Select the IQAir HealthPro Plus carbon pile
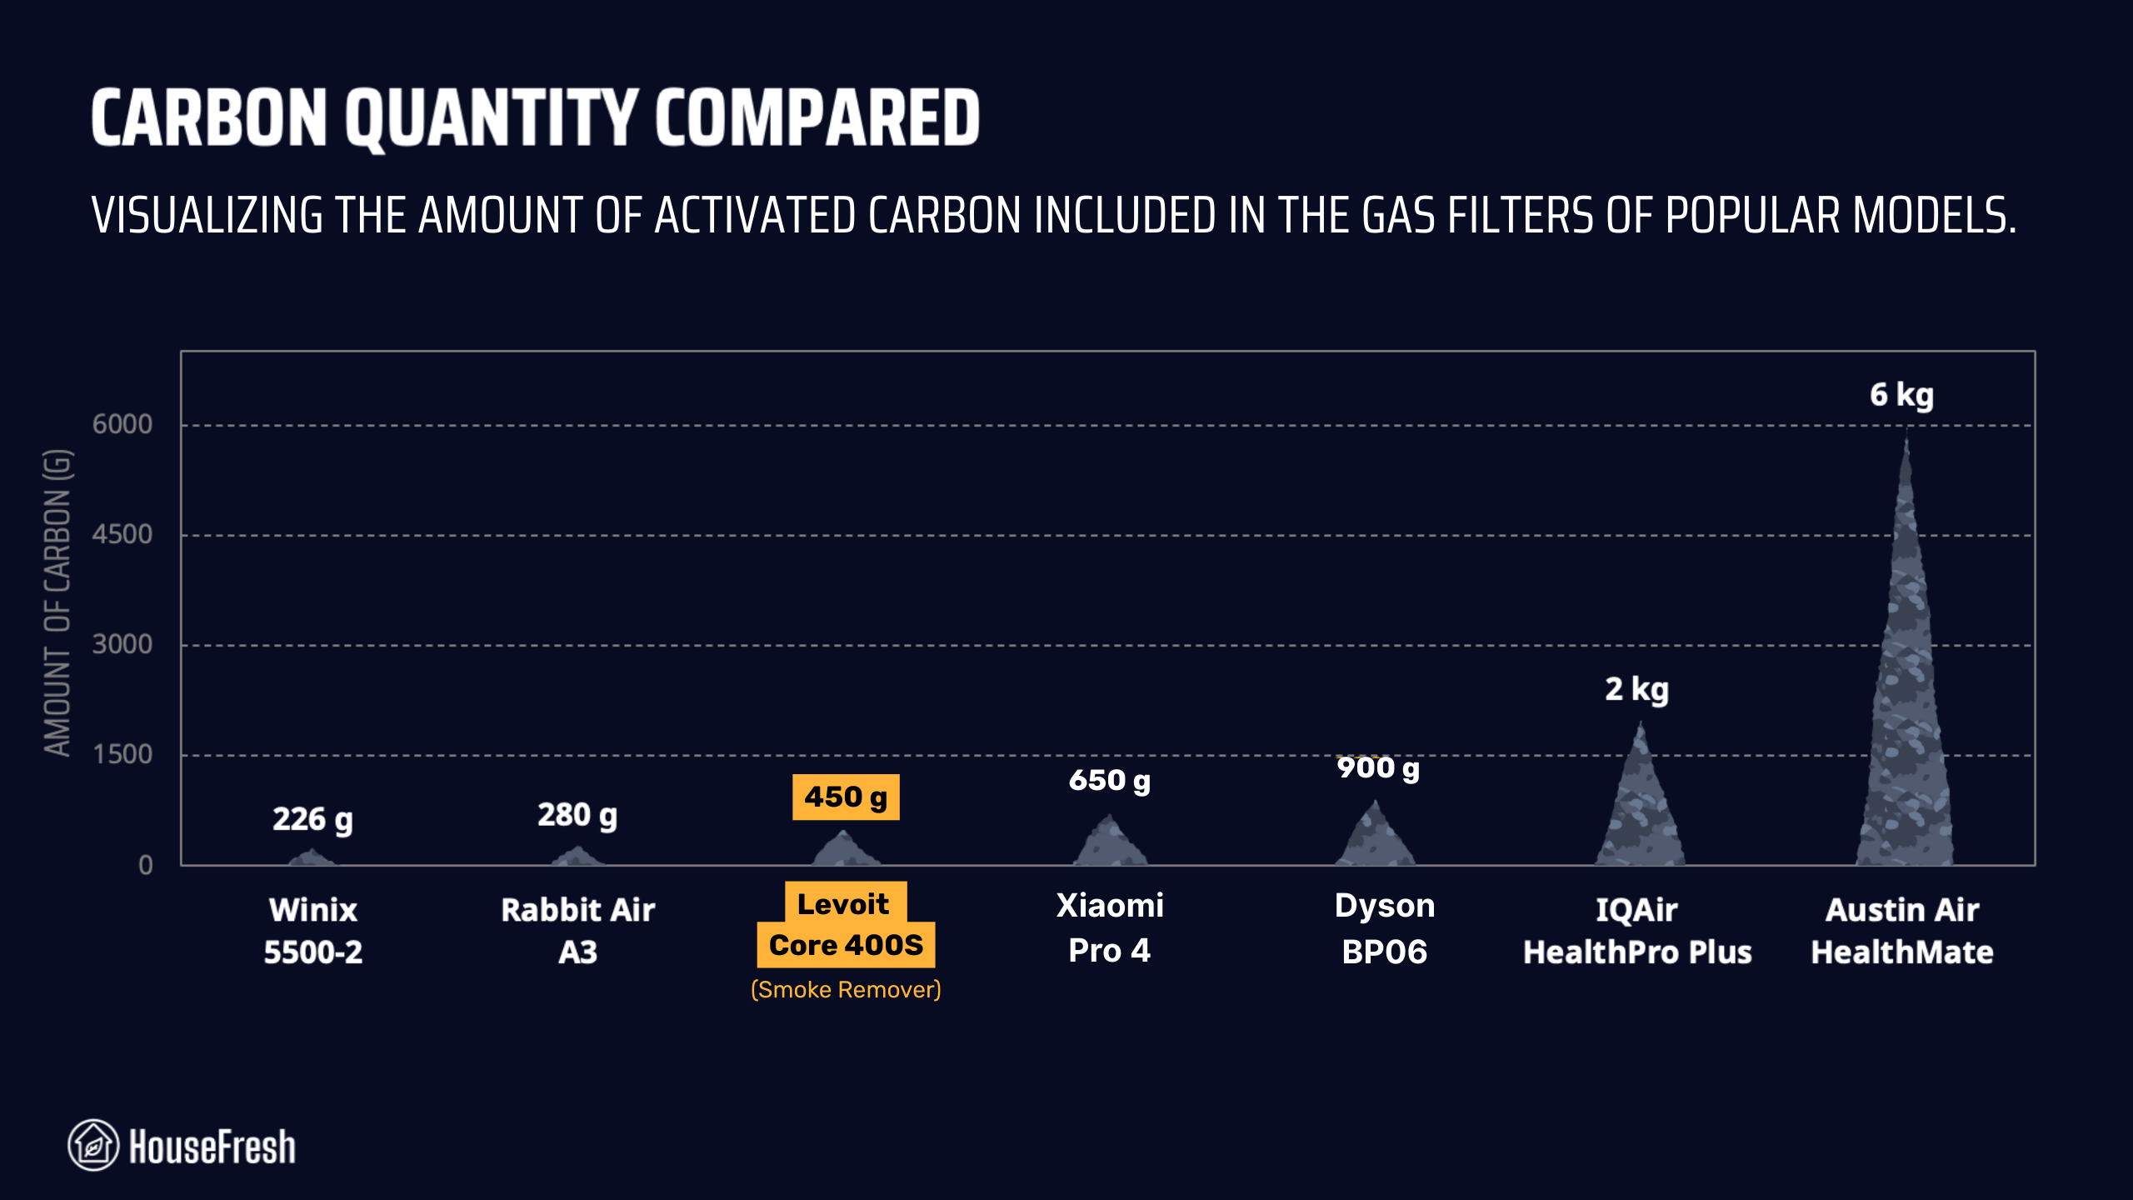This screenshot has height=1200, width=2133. (x=1640, y=808)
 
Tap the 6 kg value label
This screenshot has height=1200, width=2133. (x=1901, y=395)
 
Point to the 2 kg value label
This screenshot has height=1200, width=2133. (x=1636, y=690)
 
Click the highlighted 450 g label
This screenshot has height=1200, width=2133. (x=845, y=797)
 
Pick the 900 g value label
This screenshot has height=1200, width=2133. (x=1377, y=768)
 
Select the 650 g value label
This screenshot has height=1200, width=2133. (x=1109, y=781)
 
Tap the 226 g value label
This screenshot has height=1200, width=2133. (x=312, y=819)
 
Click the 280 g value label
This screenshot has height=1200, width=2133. (x=577, y=815)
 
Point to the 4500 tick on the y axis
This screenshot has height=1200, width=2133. (x=122, y=534)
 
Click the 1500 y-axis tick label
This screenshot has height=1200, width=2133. (x=122, y=754)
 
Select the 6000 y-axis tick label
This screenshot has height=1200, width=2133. (x=122, y=424)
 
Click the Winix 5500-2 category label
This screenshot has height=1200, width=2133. (x=313, y=930)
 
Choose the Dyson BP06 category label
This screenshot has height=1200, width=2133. (x=1384, y=928)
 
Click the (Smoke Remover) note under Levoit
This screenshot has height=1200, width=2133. (x=845, y=990)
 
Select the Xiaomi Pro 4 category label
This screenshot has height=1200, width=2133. (x=1109, y=927)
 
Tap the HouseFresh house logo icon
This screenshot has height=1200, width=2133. (x=93, y=1145)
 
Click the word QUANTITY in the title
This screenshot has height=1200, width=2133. (x=492, y=119)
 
